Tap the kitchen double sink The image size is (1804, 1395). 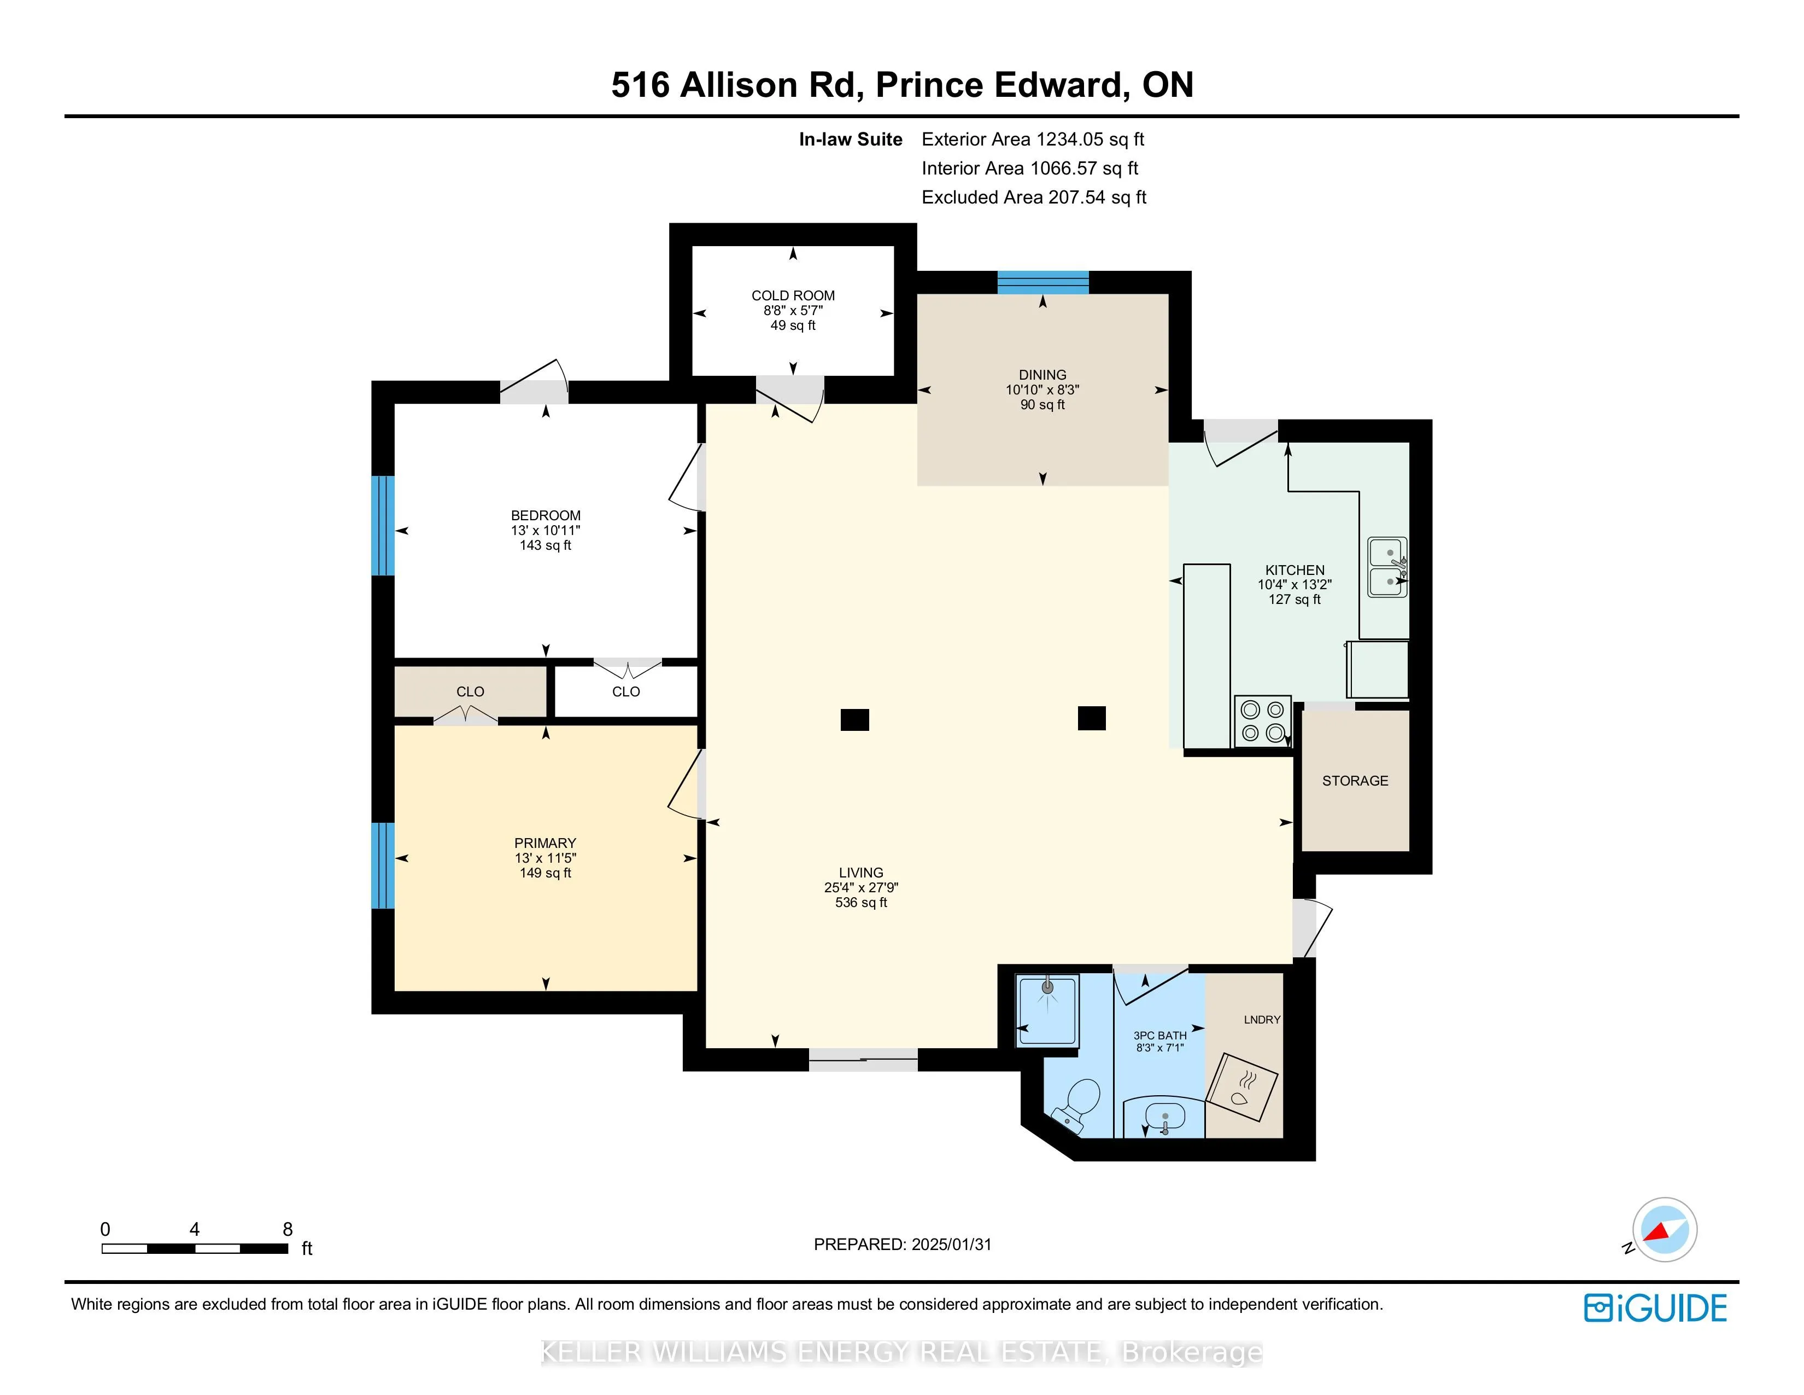point(1387,567)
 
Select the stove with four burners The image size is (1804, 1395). point(1262,722)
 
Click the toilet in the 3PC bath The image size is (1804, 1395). point(1077,1105)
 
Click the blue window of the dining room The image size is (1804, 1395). point(1043,283)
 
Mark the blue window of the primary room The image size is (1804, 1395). point(383,865)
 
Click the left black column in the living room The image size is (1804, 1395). point(855,720)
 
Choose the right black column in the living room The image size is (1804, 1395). point(1092,718)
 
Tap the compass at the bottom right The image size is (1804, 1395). point(1665,1230)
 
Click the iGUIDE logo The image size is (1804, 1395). point(1655,1307)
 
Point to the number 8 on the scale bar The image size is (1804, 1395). point(288,1229)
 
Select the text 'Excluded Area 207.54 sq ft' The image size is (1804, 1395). point(1034,197)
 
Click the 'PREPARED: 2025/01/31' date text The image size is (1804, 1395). point(902,1245)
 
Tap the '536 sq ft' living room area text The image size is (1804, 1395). point(860,903)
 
